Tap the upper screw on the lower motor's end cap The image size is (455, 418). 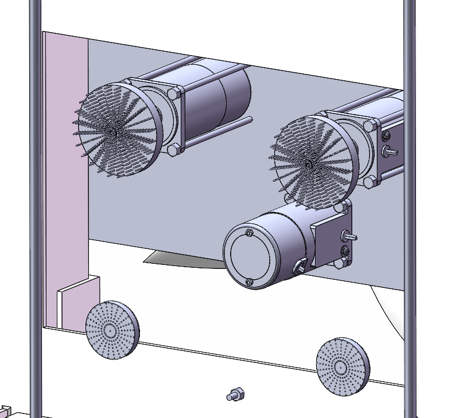pos(248,233)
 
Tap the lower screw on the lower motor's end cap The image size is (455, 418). pos(249,282)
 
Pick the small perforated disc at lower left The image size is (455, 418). pos(112,330)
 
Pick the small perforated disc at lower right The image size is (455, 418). pos(343,366)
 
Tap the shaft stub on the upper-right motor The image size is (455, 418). pos(392,151)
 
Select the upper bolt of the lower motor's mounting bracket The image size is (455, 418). pos(344,205)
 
